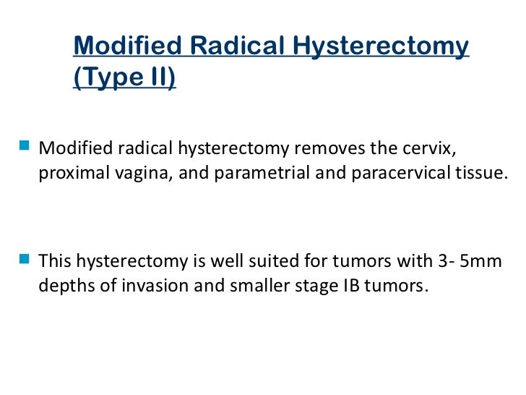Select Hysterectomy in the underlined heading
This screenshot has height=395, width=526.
coord(381,46)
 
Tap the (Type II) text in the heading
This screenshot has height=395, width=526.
coord(124,77)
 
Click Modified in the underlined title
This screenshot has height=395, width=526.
coord(127,46)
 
